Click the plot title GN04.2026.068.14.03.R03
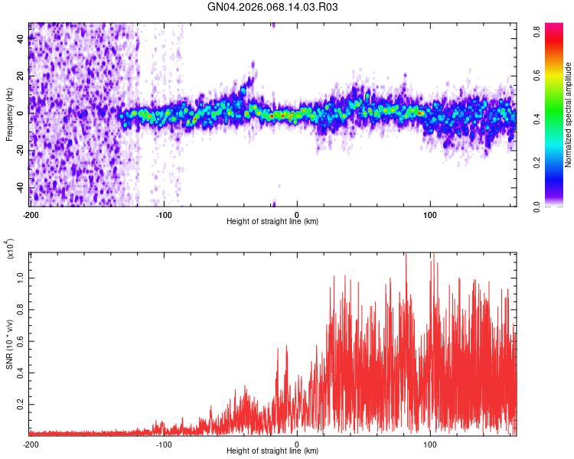pyautogui.click(x=273, y=8)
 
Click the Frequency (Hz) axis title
pyautogui.click(x=9, y=115)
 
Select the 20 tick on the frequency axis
pyautogui.click(x=21, y=76)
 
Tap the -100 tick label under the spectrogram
pyautogui.click(x=163, y=214)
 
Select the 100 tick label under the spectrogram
pyautogui.click(x=430, y=214)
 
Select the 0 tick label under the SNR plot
pyautogui.click(x=297, y=444)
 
